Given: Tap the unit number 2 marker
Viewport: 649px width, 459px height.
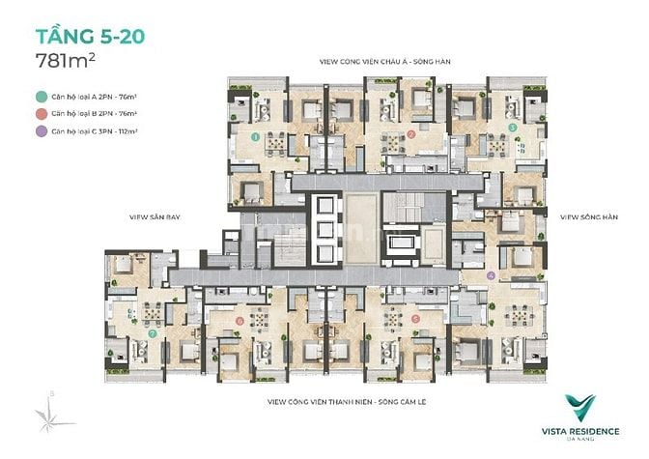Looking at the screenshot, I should pos(411,135).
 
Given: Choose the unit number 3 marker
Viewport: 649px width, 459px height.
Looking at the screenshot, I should pos(512,127).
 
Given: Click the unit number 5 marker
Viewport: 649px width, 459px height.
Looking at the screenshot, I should pos(414,318).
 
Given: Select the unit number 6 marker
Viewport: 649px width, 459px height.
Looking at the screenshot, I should pos(239,319).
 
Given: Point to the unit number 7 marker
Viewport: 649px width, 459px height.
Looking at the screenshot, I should pos(153,332).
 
